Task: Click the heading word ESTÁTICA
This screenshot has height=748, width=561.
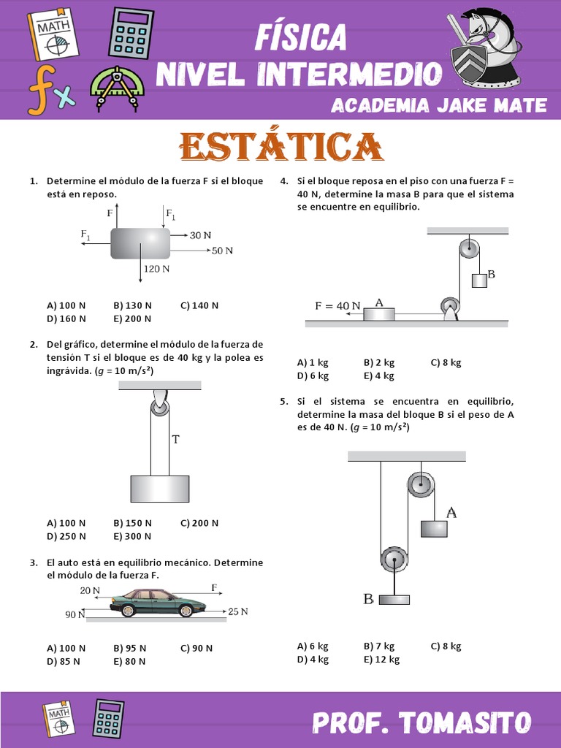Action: (281, 147)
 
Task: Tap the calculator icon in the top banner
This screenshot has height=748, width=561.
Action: (131, 32)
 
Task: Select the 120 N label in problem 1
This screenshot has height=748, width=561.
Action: (156, 269)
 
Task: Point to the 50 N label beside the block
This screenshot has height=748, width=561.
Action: (222, 251)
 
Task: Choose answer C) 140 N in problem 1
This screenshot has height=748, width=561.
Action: (199, 305)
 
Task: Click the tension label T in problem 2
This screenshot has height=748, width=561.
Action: (175, 439)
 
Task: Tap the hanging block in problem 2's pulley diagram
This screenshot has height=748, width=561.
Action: (159, 489)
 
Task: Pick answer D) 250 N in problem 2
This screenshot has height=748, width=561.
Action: (66, 536)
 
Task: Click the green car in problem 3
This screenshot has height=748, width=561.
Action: (158, 602)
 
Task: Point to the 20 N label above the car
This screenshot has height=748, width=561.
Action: (90, 590)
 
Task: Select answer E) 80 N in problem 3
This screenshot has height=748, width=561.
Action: (130, 661)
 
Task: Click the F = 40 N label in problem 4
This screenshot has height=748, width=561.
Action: (337, 306)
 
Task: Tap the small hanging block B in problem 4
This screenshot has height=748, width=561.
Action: (479, 280)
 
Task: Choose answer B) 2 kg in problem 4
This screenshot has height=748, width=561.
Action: (379, 362)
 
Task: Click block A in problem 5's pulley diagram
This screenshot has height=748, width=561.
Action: (434, 528)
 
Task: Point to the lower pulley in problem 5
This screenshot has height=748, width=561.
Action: (393, 560)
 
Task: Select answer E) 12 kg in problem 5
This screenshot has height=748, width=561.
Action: (382, 660)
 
